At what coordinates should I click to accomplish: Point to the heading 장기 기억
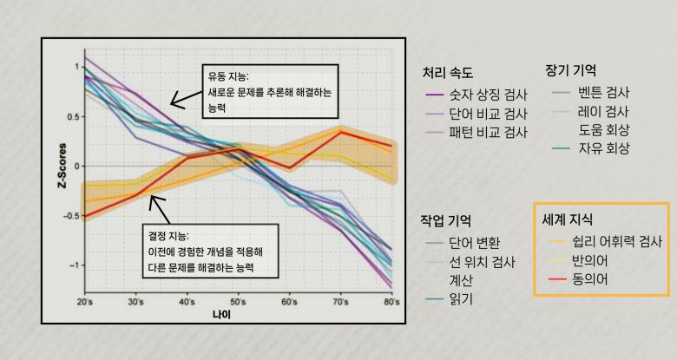[x=570, y=69]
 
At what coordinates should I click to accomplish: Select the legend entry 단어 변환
[x=474, y=243]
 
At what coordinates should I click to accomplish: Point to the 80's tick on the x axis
[x=391, y=301]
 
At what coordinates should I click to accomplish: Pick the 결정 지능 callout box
[x=211, y=251]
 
